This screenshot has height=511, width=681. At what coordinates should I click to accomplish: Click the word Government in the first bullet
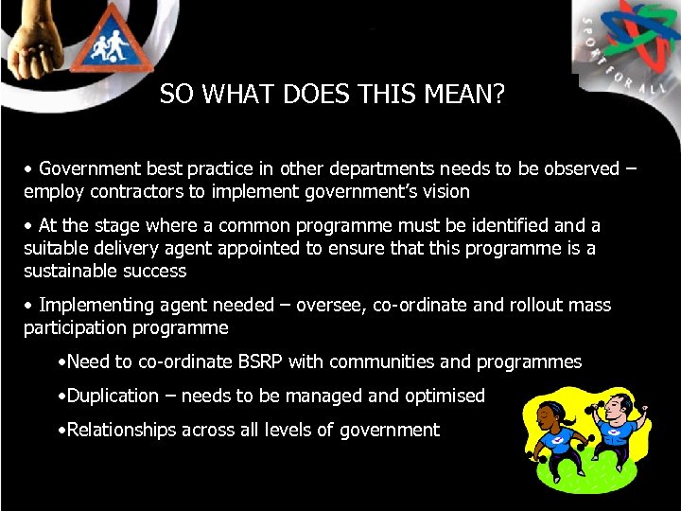(91, 169)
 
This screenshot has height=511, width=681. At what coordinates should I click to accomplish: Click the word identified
(502, 226)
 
